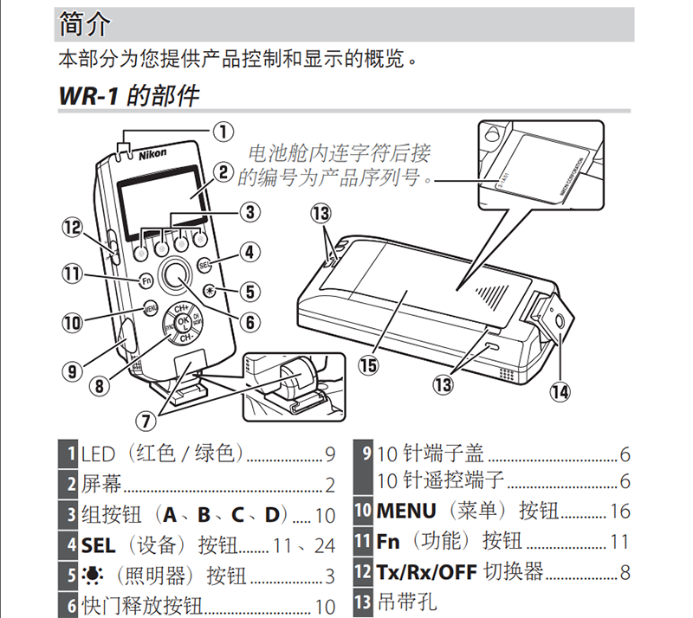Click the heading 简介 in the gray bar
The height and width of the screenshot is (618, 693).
click(84, 24)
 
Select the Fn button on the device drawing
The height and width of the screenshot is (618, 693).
click(146, 280)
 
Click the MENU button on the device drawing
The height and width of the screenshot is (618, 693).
click(149, 306)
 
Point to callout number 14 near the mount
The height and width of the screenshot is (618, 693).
click(560, 390)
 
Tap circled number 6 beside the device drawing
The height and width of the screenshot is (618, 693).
click(249, 322)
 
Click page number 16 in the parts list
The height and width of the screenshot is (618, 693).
click(620, 511)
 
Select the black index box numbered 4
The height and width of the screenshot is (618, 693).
click(70, 544)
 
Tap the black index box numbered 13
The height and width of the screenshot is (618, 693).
click(362, 602)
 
